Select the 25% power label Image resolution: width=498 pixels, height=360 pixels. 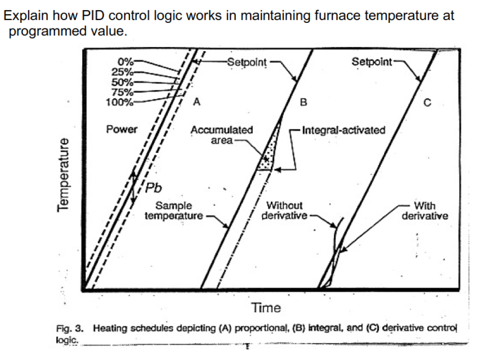click(x=122, y=72)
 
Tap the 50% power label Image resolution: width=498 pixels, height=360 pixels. click(x=122, y=82)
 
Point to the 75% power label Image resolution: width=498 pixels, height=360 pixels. click(x=122, y=91)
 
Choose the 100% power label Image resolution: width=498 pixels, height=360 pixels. click(x=119, y=102)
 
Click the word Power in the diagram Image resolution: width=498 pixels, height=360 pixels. click(x=122, y=129)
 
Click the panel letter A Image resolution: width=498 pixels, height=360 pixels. click(x=196, y=102)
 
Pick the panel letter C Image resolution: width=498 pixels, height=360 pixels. click(x=427, y=103)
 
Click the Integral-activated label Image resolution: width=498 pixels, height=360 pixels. click(x=343, y=130)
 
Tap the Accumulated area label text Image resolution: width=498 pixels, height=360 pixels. click(x=222, y=135)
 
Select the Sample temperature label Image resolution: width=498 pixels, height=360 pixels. click(x=174, y=210)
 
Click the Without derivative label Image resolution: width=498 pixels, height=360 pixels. click(x=285, y=210)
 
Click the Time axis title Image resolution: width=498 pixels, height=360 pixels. click(x=266, y=307)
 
